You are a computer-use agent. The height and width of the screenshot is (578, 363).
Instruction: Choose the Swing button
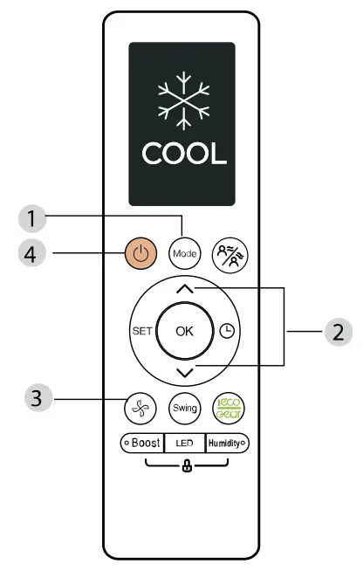tap(186, 408)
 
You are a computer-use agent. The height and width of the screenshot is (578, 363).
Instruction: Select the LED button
tap(184, 443)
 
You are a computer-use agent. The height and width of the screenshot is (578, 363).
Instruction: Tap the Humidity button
tap(226, 443)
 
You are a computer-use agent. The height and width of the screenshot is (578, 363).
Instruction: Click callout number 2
tap(335, 332)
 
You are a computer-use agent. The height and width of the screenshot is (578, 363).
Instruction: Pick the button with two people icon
tap(228, 255)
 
